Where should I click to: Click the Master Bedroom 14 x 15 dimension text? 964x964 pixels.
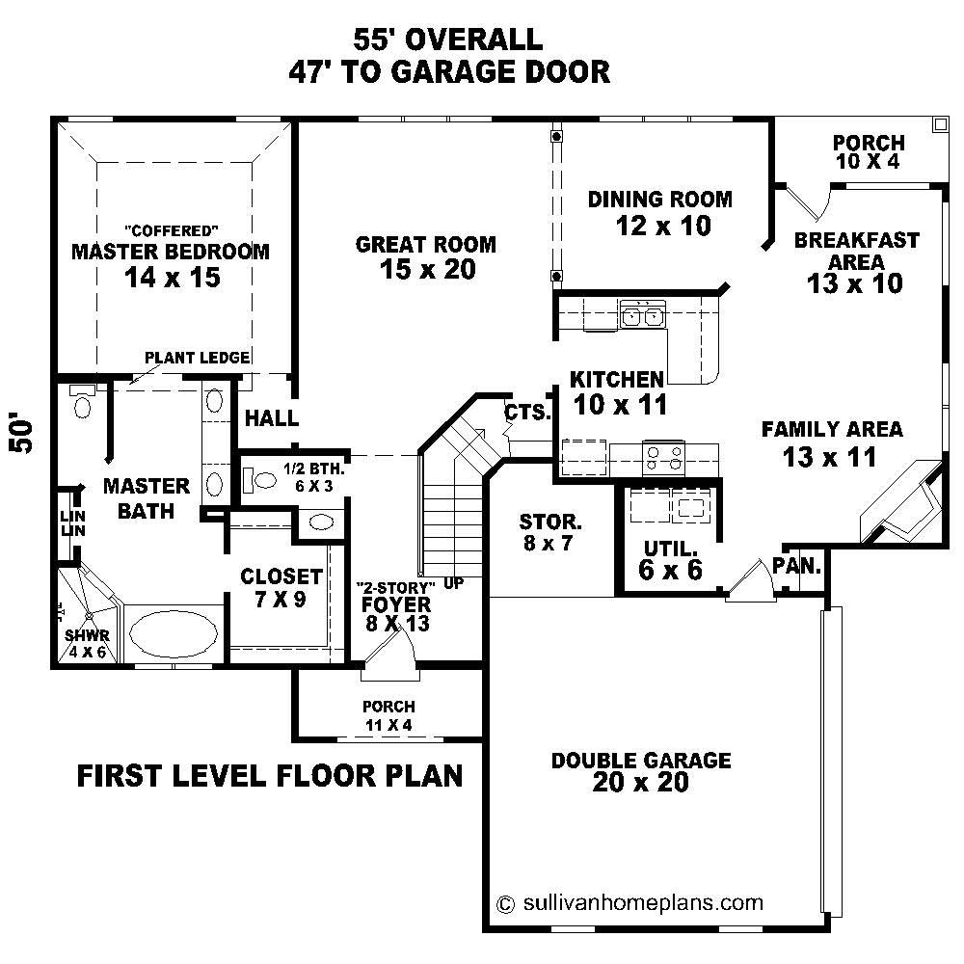click(173, 278)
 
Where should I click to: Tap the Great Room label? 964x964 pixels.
click(426, 245)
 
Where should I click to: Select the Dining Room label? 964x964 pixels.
click(660, 200)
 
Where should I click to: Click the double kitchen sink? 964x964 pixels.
click(643, 314)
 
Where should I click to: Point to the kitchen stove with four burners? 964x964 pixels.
click(664, 454)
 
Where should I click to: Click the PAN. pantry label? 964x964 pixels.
click(796, 566)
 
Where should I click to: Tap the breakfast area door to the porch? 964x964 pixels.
click(808, 201)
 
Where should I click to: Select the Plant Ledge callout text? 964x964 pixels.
click(197, 358)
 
